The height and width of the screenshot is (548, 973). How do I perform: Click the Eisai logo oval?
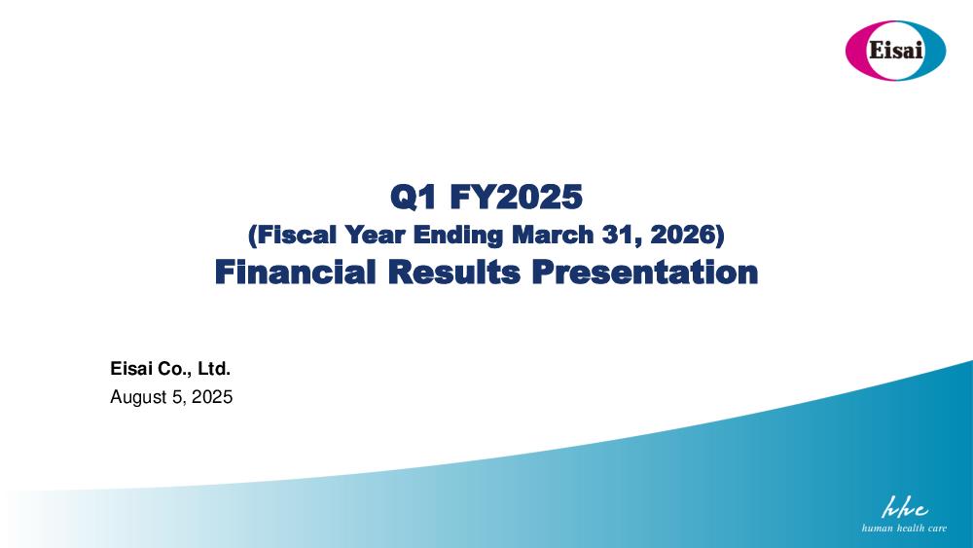pos(895,51)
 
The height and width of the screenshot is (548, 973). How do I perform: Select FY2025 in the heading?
pos(517,198)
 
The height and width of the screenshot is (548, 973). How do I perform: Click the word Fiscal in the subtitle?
pos(292,236)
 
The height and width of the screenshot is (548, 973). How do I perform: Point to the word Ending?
pos(458,236)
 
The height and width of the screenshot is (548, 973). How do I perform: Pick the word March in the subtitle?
pos(553,236)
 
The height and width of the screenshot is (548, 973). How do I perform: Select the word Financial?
pos(296,273)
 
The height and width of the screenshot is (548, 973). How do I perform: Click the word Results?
pos(454,273)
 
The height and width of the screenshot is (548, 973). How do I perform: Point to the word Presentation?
pos(645,273)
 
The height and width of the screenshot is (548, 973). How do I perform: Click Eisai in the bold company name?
pos(131,369)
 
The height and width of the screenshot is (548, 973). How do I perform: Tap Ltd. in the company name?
pos(214,369)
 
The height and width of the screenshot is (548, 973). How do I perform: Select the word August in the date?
pos(139,397)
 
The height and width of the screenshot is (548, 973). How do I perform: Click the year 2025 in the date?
pos(212,396)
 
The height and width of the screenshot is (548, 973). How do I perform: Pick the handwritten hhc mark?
pos(905,507)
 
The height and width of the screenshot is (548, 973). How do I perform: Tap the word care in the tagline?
pos(936,529)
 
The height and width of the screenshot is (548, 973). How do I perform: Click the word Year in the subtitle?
pos(375,236)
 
